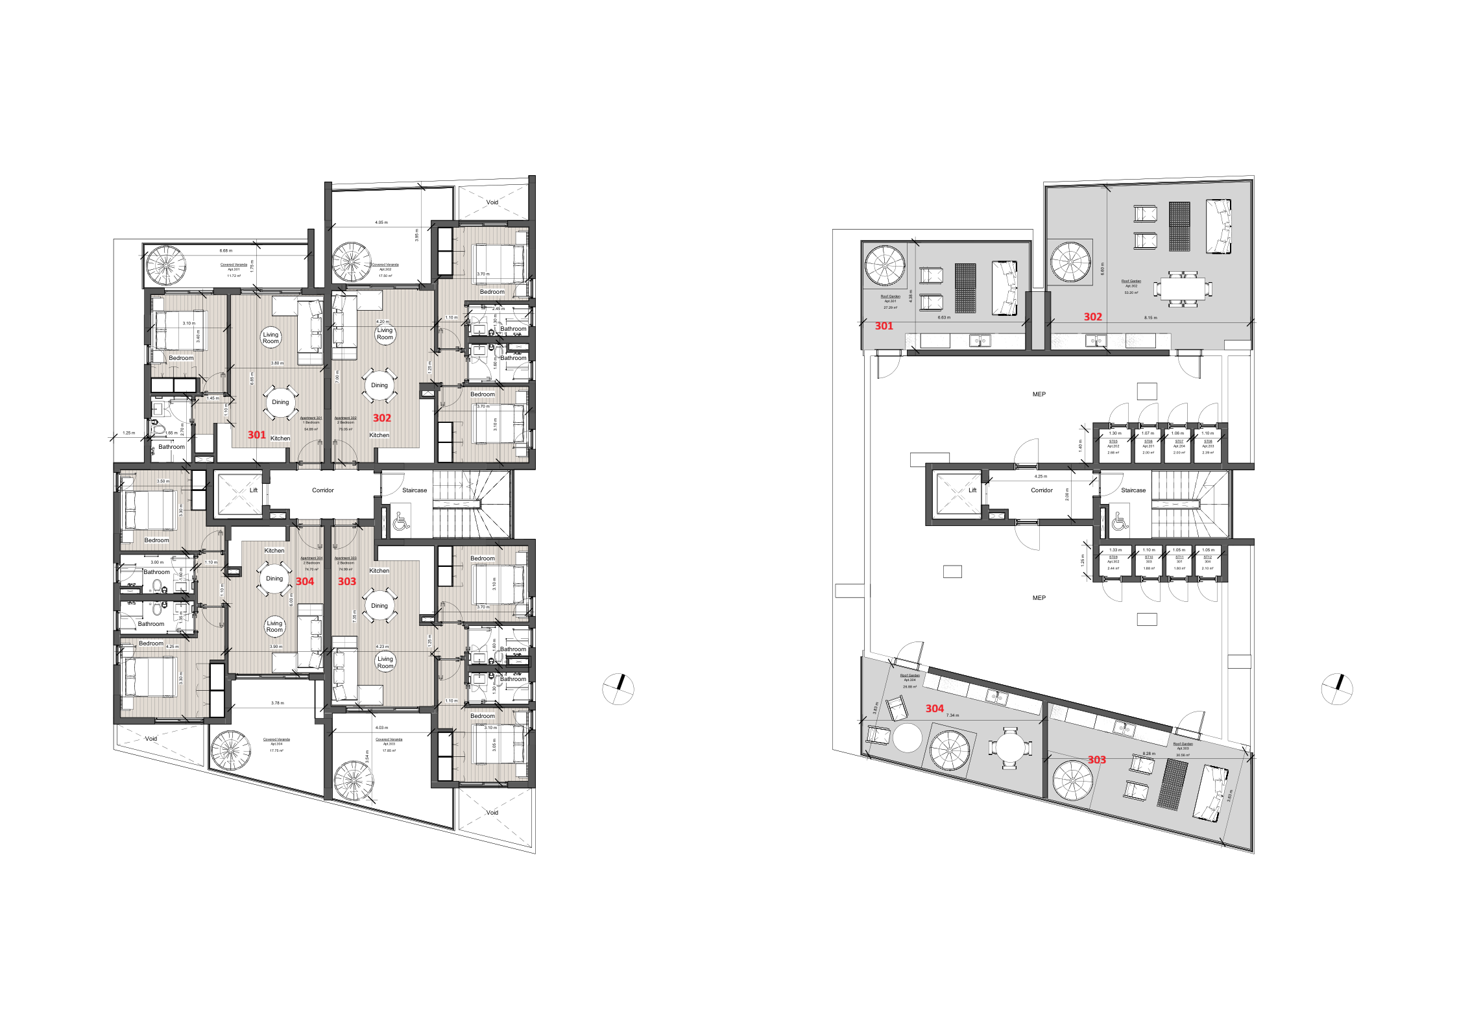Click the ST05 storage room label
[1113, 441]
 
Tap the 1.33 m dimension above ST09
[1115, 550]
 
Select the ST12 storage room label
[1207, 557]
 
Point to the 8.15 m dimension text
[1150, 318]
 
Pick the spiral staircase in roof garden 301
[885, 265]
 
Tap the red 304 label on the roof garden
[934, 708]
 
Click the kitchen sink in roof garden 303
[1124, 728]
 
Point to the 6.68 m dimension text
[226, 250]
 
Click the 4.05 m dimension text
[381, 222]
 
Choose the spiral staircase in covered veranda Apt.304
[230, 750]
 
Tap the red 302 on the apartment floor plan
[381, 418]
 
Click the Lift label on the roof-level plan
[972, 490]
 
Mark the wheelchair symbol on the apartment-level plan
[401, 520]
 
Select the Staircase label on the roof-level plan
[1133, 490]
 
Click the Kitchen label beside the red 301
[280, 438]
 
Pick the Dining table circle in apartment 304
[274, 579]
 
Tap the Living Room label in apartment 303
[385, 662]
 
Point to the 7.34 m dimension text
[952, 715]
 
